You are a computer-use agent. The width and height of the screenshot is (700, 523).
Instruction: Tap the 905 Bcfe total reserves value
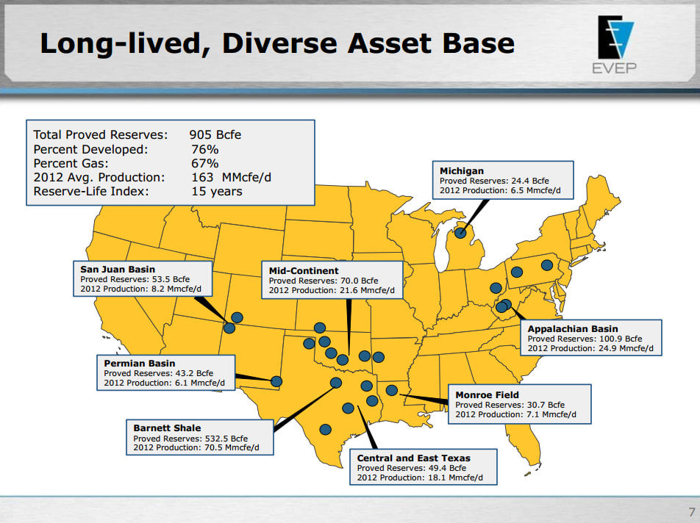coord(215,134)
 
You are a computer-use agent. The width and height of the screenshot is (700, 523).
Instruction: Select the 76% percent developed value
coord(204,149)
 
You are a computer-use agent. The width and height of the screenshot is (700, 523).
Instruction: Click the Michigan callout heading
coord(461,171)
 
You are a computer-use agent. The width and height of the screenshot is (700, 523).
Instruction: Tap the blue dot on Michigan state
coord(460,234)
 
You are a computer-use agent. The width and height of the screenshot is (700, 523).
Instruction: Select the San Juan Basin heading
coord(118,270)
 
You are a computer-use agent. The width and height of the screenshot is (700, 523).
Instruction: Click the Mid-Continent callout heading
coord(304,271)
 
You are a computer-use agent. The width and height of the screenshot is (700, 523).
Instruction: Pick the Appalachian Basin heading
coord(573,329)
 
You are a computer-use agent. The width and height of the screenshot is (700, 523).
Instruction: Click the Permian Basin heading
coord(140,364)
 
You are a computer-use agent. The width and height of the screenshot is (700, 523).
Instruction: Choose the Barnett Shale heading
coord(167,428)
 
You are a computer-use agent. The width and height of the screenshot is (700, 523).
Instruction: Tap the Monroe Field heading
coord(487,394)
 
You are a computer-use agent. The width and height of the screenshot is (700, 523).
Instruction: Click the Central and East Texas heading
coord(413,458)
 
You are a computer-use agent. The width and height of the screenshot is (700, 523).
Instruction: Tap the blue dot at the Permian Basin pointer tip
coord(276,382)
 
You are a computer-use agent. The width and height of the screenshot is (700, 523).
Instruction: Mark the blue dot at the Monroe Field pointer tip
coord(392,391)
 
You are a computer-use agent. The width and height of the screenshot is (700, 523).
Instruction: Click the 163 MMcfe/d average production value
coord(227,177)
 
